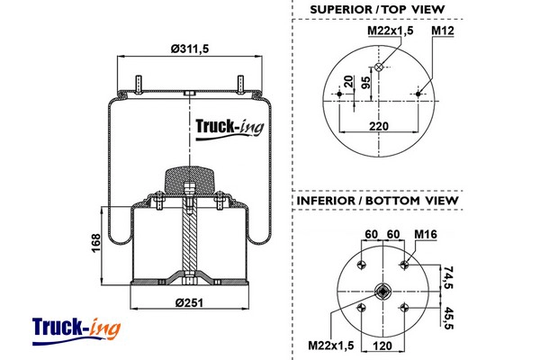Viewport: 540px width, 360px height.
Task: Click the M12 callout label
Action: click(x=441, y=31)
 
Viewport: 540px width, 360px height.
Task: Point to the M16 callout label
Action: click(x=425, y=235)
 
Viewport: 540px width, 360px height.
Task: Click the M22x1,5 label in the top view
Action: click(x=391, y=31)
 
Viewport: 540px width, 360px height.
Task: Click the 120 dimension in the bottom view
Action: click(x=382, y=343)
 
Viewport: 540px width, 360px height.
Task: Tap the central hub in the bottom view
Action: click(x=382, y=291)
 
